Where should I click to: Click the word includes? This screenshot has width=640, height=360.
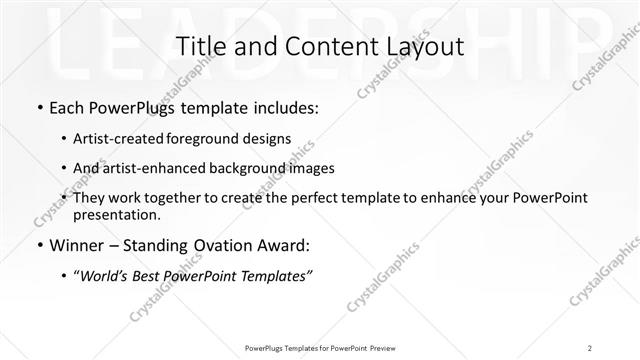(x=285, y=106)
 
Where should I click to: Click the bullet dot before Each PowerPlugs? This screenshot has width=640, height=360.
(x=38, y=106)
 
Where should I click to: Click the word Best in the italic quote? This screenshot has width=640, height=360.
(x=149, y=275)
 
